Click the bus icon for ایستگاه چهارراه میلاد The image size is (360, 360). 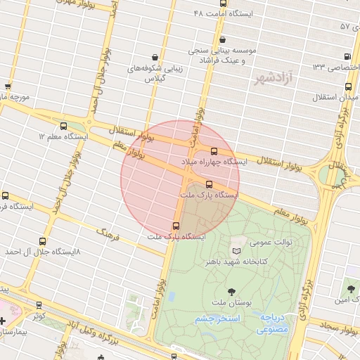pyautogui.click(x=214, y=150)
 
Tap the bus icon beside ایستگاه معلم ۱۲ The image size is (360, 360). pyautogui.click(x=64, y=127)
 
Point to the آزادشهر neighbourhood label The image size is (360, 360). pyautogui.click(x=275, y=77)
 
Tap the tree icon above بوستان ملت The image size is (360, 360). pyautogui.click(x=231, y=292)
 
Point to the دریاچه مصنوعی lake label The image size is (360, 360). pyautogui.click(x=272, y=323)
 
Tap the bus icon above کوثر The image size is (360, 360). pyautogui.click(x=39, y=306)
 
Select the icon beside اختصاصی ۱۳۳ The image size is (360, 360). pyautogui.click(x=347, y=58)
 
